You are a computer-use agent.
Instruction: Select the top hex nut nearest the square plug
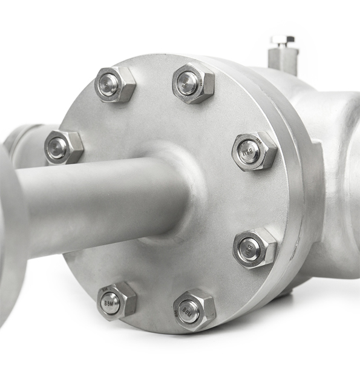coord(193,82)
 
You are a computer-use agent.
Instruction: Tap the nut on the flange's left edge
coord(63,146)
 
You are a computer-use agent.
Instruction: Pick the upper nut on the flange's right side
coord(254,150)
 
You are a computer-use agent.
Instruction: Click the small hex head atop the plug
coord(283,41)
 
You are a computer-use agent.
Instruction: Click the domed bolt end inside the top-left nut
coord(109,85)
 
